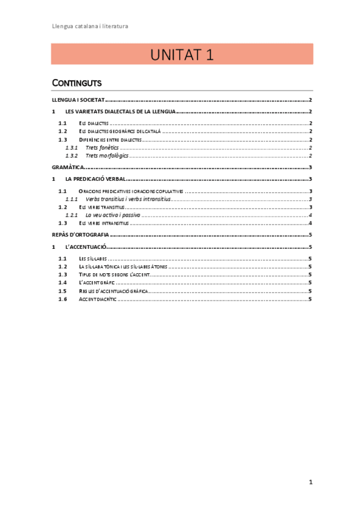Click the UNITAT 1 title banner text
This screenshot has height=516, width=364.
click(182, 55)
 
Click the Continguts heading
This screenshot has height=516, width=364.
click(77, 83)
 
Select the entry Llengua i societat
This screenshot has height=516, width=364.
click(78, 100)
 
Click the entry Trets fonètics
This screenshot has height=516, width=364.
click(103, 148)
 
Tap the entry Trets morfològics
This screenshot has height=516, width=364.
click(107, 156)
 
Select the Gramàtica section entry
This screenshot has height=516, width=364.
click(66, 167)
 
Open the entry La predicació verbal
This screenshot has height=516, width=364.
click(95, 179)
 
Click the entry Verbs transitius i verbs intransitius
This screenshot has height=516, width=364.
click(129, 199)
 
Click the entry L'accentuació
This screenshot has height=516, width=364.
click(86, 246)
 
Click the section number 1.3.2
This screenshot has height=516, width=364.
click(71, 156)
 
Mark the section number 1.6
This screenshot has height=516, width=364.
click(63, 299)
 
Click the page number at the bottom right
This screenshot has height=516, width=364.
click(311, 482)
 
